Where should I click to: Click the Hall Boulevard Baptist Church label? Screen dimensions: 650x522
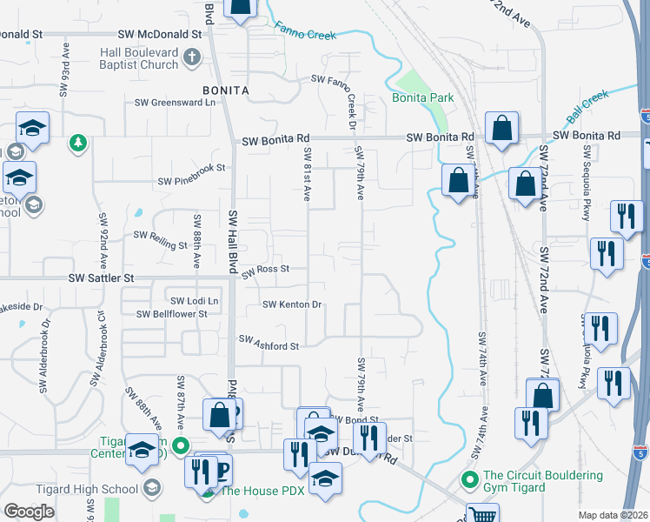coord(137,58)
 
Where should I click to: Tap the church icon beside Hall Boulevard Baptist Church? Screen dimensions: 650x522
coord(193,59)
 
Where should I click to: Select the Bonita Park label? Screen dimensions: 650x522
coord(422,97)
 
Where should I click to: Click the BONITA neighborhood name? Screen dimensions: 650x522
coord(226,90)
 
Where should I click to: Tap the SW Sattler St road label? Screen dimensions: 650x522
coord(101,278)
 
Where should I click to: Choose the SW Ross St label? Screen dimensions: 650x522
coord(265,271)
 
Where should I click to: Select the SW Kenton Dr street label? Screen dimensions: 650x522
coord(293,304)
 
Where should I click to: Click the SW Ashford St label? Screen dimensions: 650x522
coord(269,344)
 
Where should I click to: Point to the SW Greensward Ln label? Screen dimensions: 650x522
coord(174,102)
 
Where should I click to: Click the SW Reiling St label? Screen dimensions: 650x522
coord(160,235)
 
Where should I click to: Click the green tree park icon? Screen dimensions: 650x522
coord(78,141)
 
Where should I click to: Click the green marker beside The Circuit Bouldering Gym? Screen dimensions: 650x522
coord(470,478)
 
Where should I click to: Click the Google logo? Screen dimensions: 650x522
coord(30,512)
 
